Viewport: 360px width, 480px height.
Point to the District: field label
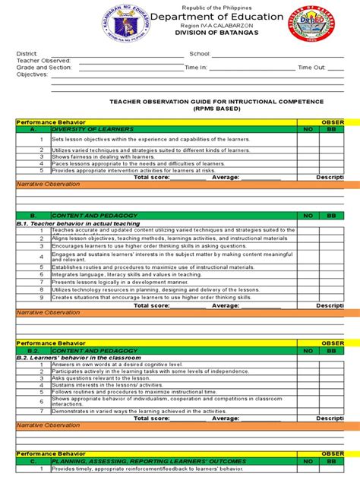click(27, 54)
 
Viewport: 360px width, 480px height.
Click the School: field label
click(199, 54)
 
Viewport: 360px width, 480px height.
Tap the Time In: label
click(195, 67)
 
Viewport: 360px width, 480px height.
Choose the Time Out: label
click(311, 67)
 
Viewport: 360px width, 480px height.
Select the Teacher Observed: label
click(39, 61)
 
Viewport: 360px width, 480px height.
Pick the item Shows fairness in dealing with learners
click(101, 156)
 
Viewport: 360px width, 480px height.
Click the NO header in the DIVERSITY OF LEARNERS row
click(308, 129)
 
